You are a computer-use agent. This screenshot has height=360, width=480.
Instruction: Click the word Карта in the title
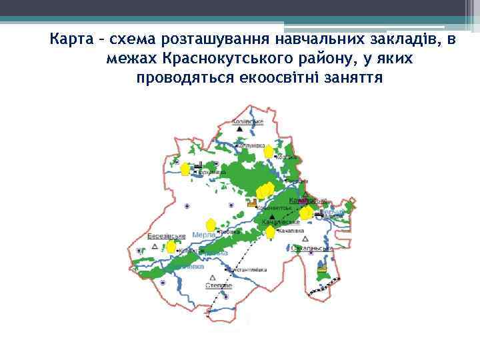(69, 40)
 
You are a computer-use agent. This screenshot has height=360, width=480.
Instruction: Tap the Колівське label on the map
(247, 122)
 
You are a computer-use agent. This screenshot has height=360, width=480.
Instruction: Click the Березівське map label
(166, 235)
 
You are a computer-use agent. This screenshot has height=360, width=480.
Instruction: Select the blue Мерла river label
(203, 235)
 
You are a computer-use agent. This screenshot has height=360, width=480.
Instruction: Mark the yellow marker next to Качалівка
(271, 233)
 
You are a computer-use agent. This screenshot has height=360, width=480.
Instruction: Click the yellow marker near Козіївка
(267, 153)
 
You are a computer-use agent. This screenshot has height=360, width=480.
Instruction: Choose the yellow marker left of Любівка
(211, 225)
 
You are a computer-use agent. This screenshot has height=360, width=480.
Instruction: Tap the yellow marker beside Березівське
(171, 247)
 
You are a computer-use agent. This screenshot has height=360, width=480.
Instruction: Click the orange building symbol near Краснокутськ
(252, 204)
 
